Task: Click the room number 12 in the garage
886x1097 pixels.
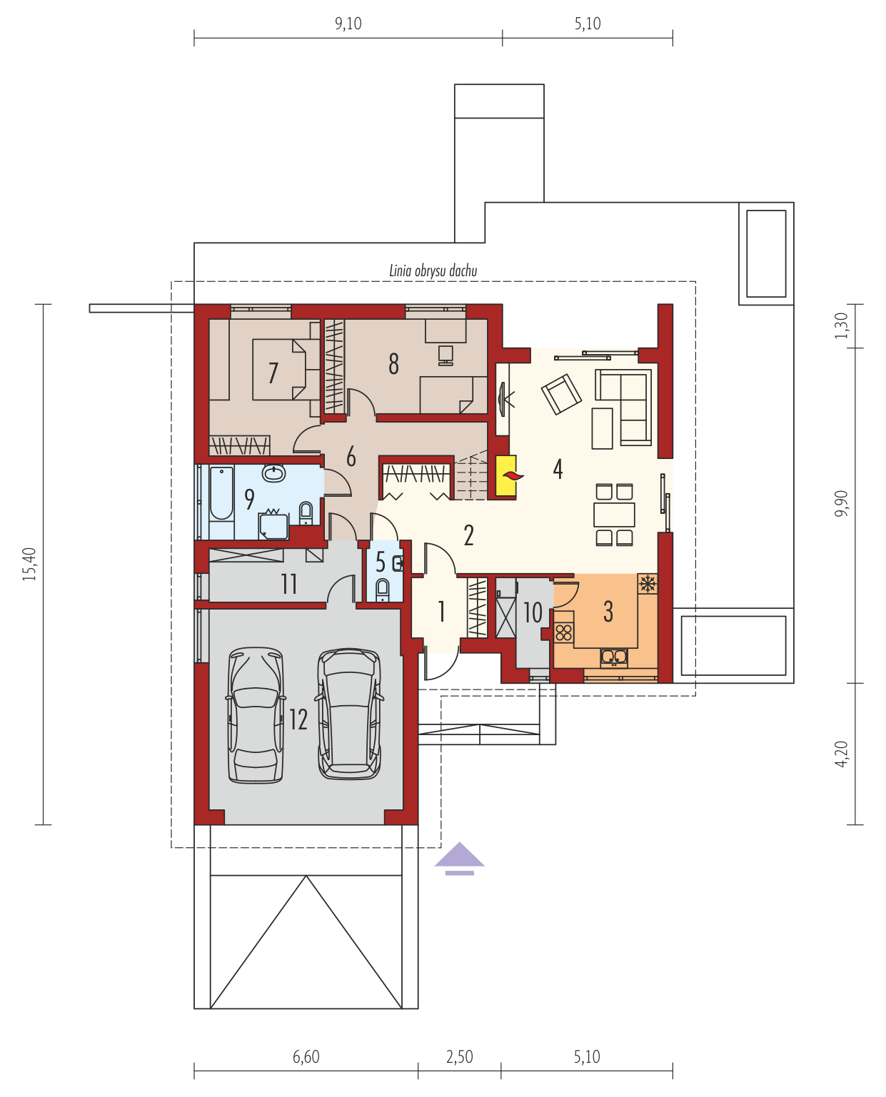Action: [x=298, y=719]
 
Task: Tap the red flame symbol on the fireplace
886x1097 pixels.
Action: [x=513, y=475]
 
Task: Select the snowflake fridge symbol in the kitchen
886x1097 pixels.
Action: [x=647, y=584]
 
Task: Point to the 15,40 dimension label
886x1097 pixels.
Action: [x=29, y=564]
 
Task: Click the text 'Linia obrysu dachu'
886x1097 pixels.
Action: [x=433, y=271]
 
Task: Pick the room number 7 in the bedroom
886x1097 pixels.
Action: [x=273, y=373]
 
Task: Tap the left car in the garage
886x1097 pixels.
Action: [x=256, y=715]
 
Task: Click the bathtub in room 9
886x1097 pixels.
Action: [x=221, y=492]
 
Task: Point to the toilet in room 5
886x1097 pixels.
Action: [x=382, y=590]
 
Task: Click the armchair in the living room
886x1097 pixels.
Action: [x=561, y=393]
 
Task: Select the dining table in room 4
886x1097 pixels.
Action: [x=614, y=514]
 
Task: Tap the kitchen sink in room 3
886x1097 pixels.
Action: [x=613, y=656]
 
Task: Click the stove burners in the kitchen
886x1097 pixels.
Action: [x=564, y=632]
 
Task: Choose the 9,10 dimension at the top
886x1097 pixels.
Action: [x=348, y=24]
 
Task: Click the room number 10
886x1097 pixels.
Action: [x=533, y=612]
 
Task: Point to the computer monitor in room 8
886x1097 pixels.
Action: [x=445, y=355]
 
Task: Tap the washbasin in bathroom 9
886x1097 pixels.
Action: [x=273, y=472]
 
